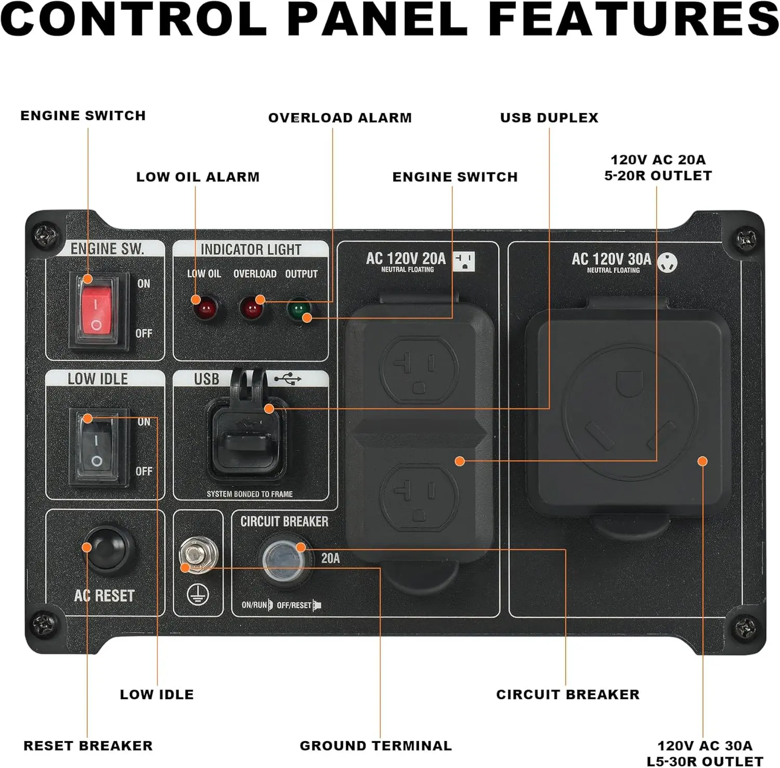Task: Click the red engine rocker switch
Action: point(97,309)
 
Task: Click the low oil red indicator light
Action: point(204,309)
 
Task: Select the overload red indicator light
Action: point(252,309)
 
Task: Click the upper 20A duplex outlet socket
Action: point(419,367)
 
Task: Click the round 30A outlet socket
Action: point(630,413)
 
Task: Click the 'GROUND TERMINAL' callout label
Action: point(375,746)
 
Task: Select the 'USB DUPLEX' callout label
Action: point(549,118)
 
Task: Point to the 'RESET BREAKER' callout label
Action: point(88,746)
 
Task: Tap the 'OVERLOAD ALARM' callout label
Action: point(340,118)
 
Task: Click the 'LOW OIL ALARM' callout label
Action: point(198,177)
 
